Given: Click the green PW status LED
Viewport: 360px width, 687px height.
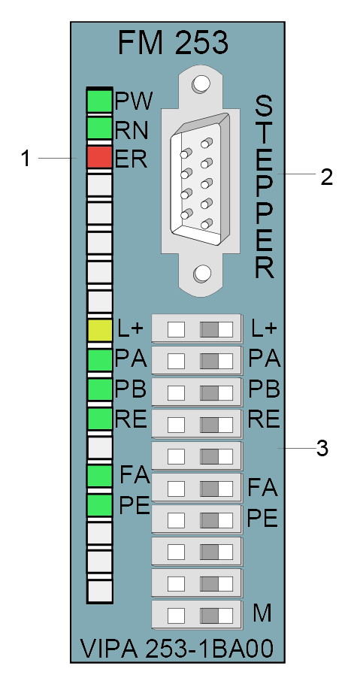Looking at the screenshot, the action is click(x=100, y=100).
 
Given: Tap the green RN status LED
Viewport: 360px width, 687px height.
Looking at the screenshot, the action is click(x=100, y=128).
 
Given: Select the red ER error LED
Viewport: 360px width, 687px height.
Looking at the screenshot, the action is click(x=100, y=157).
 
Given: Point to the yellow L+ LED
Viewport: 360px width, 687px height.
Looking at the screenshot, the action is click(x=100, y=331).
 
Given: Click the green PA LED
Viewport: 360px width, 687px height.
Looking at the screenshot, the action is click(x=100, y=360).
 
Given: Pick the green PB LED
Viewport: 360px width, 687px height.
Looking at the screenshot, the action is click(x=100, y=389).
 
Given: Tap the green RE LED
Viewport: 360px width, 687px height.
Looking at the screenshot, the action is click(x=100, y=418).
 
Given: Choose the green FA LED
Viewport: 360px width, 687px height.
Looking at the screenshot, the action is click(x=100, y=476).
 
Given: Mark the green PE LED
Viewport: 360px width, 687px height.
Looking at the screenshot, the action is click(x=100, y=505).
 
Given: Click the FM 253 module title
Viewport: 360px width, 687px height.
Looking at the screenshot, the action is click(x=173, y=43).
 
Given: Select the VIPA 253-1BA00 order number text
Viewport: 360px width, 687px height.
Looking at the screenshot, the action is click(x=177, y=649).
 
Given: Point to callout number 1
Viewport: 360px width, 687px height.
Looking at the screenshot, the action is click(x=26, y=158).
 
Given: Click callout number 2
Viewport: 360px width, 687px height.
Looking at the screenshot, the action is click(x=327, y=177).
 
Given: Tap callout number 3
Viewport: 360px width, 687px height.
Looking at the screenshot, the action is click(x=322, y=448).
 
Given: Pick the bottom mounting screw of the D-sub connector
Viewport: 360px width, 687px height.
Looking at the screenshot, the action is click(x=202, y=274).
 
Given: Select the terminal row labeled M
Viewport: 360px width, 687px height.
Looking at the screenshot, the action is click(x=197, y=615).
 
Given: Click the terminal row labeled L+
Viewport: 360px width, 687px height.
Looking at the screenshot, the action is click(x=197, y=328).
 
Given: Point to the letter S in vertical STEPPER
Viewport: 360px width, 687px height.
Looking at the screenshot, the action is click(x=264, y=107).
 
